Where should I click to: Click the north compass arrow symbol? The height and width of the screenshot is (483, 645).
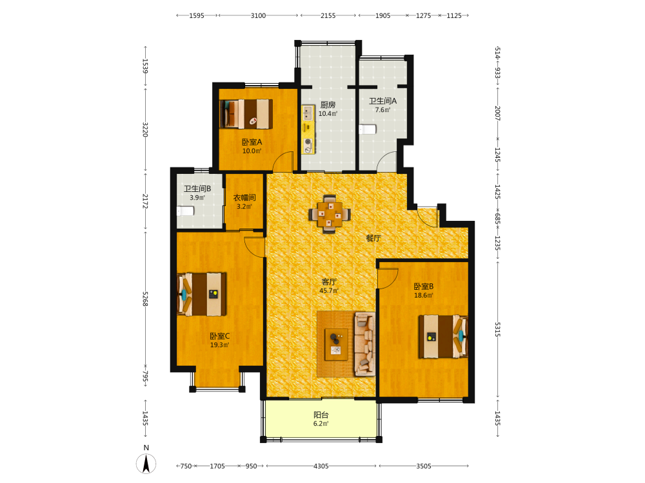[x=146, y=464]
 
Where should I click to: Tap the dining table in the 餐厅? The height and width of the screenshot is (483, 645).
[x=330, y=214]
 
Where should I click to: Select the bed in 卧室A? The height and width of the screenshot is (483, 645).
[x=246, y=114]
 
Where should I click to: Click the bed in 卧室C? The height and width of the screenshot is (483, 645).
[x=201, y=294]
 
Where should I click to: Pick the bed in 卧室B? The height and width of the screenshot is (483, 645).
[x=444, y=336]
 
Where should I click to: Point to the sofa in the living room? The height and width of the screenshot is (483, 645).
[x=365, y=344]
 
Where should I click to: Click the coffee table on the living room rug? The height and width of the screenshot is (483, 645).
[x=336, y=345]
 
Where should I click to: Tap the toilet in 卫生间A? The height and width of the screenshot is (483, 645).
[x=368, y=129]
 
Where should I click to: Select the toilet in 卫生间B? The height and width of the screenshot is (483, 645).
[x=185, y=211]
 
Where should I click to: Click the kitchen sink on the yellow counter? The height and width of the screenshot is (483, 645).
[x=308, y=113]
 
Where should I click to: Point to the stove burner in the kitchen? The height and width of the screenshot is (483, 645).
[x=308, y=142]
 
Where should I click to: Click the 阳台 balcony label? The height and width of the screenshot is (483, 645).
[x=321, y=415]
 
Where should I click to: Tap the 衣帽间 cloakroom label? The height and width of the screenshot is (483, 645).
[x=244, y=198]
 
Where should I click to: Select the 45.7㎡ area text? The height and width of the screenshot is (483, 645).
[x=329, y=291]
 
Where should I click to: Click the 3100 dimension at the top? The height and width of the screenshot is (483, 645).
[x=259, y=15]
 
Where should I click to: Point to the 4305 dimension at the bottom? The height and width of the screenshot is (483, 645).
[x=321, y=466]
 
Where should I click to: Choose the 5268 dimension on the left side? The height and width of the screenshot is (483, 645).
[x=144, y=299]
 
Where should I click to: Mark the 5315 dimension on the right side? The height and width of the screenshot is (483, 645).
[x=497, y=330]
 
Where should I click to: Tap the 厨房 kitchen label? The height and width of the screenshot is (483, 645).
[x=328, y=105]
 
